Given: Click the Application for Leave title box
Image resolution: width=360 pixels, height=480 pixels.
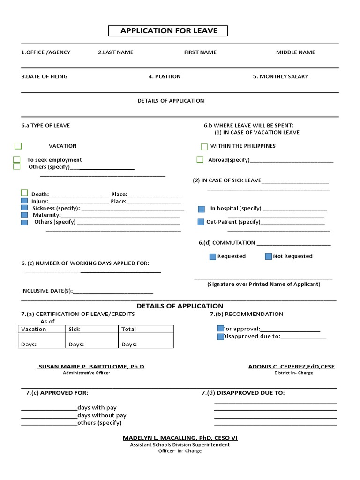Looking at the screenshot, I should click(169, 31).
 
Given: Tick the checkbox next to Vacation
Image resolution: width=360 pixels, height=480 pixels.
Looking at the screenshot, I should click(18, 146).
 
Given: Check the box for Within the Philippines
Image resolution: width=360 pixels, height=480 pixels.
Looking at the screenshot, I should click(204, 147).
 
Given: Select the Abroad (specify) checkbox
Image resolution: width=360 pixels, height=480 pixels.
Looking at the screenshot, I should click(200, 160).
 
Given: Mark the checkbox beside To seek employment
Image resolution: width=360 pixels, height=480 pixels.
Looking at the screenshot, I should click(17, 159).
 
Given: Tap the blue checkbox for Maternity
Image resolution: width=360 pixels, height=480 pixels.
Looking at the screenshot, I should click(24, 215).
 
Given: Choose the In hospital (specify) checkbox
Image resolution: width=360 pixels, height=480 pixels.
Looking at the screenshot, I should click(202, 209).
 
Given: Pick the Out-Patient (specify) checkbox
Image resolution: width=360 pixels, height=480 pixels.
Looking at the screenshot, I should click(201, 222).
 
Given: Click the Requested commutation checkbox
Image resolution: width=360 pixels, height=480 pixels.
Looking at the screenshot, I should click(212, 256).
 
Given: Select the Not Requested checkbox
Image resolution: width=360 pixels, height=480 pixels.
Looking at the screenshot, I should click(268, 256).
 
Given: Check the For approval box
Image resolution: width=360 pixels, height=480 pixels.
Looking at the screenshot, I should click(220, 329).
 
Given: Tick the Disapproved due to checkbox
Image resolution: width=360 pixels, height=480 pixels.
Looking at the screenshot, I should click(220, 337).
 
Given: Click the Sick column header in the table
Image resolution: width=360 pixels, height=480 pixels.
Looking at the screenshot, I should click(75, 329).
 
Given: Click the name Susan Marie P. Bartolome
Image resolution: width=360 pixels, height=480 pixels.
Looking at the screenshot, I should click(91, 367).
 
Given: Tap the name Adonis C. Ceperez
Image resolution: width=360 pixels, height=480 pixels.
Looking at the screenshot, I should click(291, 367).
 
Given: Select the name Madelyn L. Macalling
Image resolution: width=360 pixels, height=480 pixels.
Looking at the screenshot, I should click(180, 438).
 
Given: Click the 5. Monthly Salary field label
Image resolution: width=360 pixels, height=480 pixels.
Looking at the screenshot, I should click(280, 76).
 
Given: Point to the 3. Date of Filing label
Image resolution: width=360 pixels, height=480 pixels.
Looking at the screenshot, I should click(44, 76).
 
